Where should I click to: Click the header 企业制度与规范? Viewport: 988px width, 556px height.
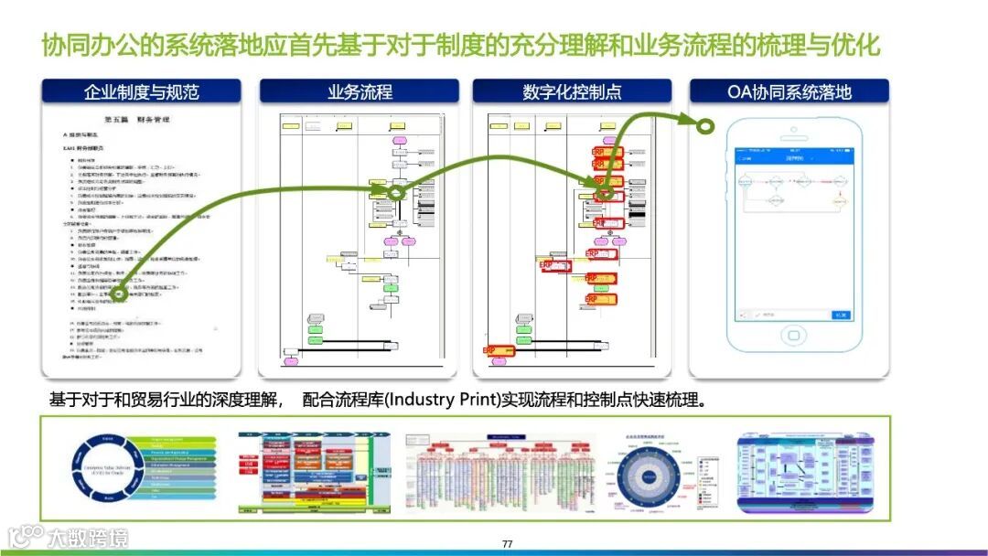tap(141, 91)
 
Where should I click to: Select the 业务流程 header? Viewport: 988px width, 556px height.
tap(360, 91)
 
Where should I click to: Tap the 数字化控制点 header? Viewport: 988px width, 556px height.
tap(572, 91)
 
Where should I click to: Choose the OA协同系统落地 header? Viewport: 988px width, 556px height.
tap(789, 91)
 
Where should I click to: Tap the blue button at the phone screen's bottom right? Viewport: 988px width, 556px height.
tap(840, 315)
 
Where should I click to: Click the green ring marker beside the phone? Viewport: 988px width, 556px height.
tap(705, 125)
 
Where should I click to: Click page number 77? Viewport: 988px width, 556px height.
tap(507, 544)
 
